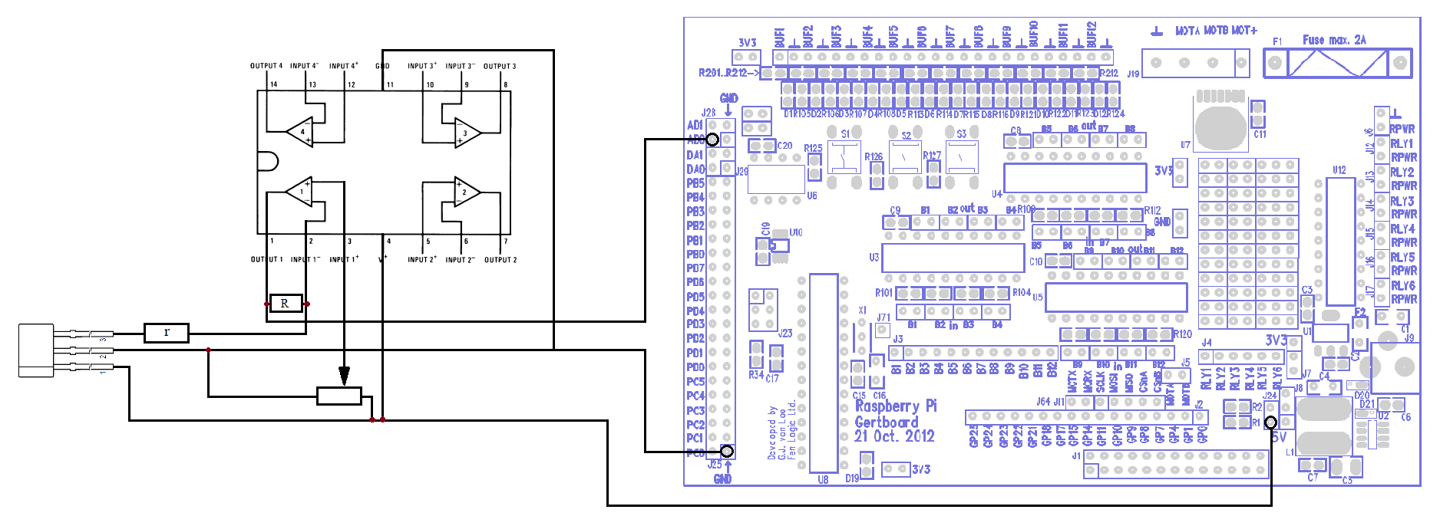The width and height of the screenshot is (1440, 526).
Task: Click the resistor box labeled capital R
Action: tap(285, 304)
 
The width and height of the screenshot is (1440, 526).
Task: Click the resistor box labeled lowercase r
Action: tap(167, 333)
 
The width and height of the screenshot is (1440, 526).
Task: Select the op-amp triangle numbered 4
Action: tap(300, 132)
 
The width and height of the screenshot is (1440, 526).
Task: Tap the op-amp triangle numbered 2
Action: tap(467, 192)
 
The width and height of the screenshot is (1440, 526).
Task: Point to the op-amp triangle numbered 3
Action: tap(467, 133)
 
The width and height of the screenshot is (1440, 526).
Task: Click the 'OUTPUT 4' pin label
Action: tap(266, 66)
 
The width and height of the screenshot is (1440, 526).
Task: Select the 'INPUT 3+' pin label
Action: tap(422, 66)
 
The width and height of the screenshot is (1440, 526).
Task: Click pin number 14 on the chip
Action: tap(273, 84)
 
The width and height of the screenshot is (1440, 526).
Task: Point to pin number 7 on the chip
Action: tap(505, 242)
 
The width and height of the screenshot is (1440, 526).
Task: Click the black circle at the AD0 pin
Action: tap(712, 140)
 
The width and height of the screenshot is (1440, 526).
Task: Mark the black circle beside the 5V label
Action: tap(1271, 422)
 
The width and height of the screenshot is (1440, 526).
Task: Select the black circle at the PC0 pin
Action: tap(727, 452)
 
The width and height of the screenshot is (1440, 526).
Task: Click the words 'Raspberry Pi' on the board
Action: tap(896, 406)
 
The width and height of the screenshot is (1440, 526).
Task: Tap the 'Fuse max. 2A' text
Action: tap(1334, 40)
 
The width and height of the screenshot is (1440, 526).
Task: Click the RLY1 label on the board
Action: tap(1402, 143)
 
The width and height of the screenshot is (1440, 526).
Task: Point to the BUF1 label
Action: tap(780, 38)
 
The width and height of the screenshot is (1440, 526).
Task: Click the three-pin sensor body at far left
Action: tap(36, 350)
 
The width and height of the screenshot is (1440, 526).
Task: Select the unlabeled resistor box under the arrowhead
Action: tap(339, 396)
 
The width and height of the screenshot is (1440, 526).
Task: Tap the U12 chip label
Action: tap(1339, 170)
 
